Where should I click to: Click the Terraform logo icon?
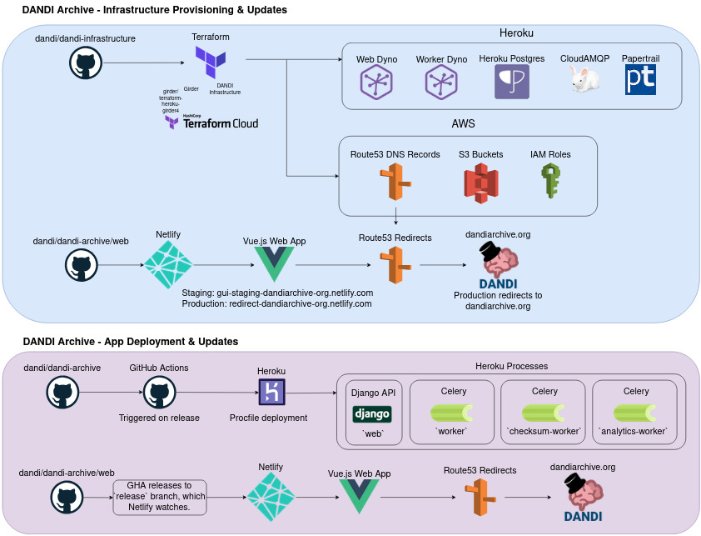pos(210,62)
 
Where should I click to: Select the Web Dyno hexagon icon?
pos(376,83)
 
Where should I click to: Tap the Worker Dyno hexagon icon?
pos(440,83)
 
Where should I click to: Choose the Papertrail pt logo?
pos(639,80)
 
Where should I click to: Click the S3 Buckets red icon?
pos(480,182)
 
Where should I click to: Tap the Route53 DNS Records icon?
pos(395,182)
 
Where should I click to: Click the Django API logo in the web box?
pos(372,413)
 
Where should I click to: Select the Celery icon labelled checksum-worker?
pos(544,413)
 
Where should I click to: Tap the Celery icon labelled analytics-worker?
pos(637,413)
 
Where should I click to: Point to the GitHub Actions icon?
pos(158,393)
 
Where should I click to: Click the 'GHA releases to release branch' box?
pos(159,497)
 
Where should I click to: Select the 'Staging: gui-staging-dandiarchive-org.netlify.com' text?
pos(277,293)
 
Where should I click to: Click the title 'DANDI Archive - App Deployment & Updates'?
pos(131,342)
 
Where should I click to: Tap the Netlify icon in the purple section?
pos(271,497)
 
